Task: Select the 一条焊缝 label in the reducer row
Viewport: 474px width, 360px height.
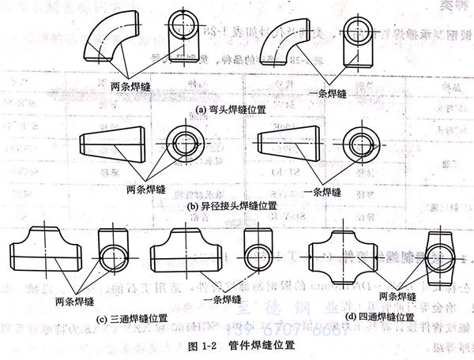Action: (321, 192)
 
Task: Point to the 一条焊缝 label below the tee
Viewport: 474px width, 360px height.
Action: (221, 299)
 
